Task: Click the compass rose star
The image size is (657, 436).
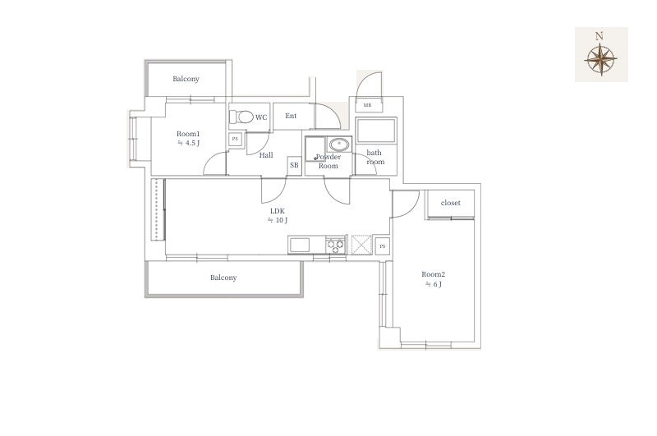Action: click(601, 59)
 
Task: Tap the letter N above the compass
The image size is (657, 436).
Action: click(600, 36)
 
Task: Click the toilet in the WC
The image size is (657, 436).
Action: click(241, 117)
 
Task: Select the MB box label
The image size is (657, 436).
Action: click(367, 105)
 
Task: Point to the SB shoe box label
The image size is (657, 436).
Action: click(294, 165)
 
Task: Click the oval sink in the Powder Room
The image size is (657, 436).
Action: click(339, 145)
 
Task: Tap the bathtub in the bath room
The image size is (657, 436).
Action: click(376, 131)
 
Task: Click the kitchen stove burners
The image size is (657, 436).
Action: click(335, 246)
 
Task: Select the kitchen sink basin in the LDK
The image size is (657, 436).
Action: click(299, 245)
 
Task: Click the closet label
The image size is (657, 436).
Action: click(450, 203)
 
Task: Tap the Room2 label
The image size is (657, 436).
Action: click(434, 274)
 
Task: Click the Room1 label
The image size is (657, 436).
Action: click(188, 134)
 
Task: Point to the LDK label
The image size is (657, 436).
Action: click(278, 212)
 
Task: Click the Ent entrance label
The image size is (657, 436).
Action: click(291, 116)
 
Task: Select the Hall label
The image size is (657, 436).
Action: click(266, 155)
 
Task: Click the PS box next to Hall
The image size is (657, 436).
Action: click(235, 139)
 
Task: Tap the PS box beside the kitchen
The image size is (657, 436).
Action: click(382, 246)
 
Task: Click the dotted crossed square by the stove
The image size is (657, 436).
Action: click(361, 245)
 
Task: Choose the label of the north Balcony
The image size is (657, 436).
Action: click(186, 79)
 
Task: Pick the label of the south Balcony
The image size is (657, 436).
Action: click(223, 278)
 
